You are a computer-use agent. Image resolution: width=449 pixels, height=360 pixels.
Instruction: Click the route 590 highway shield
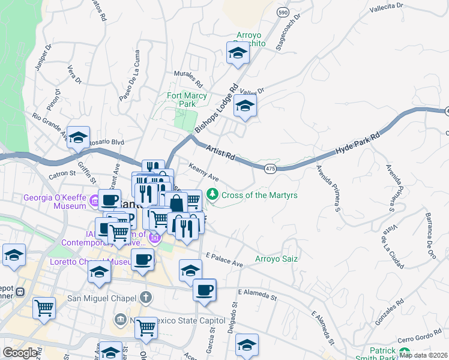283,12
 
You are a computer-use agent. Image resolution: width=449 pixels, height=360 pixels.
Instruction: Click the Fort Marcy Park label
187,100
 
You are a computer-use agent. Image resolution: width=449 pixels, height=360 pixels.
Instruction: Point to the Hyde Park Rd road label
358,144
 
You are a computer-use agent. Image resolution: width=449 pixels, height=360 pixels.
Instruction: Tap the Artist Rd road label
220,151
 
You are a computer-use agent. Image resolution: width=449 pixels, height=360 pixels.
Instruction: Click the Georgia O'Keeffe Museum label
55,202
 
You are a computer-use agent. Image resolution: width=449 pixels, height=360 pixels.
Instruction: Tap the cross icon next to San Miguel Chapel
145,297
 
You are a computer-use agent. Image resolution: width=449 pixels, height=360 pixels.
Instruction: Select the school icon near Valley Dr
245,106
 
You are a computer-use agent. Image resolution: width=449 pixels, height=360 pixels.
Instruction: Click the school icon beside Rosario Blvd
78,138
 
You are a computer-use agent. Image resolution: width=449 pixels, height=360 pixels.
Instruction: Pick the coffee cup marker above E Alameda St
204,290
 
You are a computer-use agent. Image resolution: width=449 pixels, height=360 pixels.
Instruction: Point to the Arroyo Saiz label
276,259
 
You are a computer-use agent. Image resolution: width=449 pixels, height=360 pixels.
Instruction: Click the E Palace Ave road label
224,260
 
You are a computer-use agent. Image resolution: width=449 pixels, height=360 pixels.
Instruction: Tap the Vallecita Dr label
387,7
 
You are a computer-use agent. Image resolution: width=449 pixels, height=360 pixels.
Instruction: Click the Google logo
20,353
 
